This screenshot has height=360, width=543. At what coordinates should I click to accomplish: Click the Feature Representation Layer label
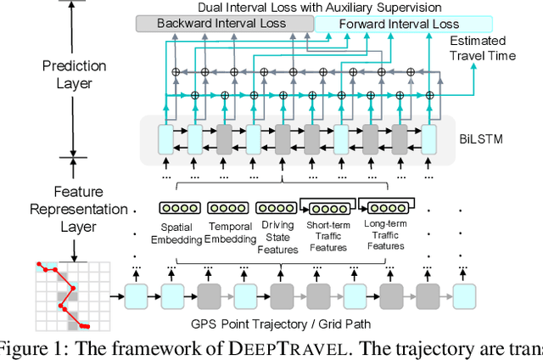[74, 209]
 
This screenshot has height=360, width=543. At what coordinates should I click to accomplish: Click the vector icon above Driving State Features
[276, 208]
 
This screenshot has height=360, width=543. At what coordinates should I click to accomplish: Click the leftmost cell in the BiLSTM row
[165, 138]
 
